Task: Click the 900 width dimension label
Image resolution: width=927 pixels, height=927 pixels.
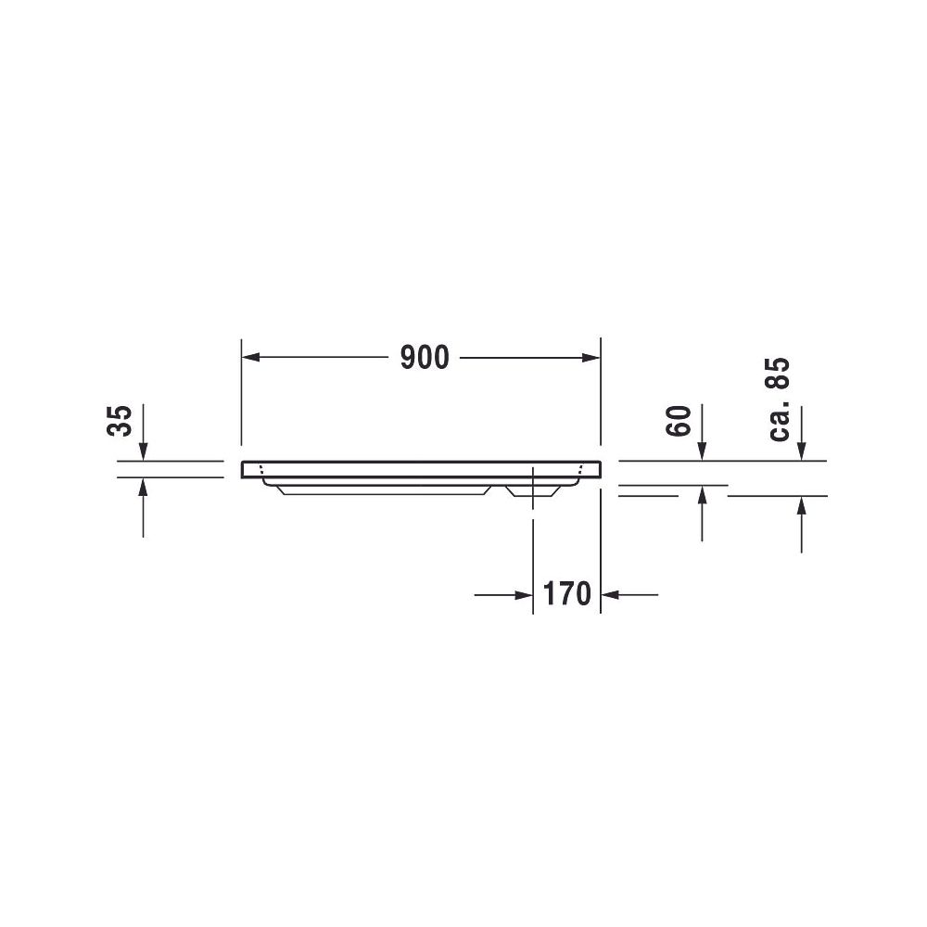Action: pos(425,358)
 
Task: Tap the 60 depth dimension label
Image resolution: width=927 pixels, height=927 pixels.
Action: pos(679,421)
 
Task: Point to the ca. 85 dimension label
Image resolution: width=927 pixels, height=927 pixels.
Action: pos(779,399)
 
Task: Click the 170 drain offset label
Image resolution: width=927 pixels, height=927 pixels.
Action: pos(566,593)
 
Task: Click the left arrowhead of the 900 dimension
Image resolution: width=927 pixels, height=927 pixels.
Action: pos(250,358)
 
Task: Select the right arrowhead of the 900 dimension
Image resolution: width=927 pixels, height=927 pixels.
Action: pos(591,358)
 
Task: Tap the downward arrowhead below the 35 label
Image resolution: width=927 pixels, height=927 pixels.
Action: pos(143,451)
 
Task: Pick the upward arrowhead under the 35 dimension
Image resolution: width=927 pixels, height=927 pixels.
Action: pos(143,486)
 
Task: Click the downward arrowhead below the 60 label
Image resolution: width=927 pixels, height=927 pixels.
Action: pos(702,451)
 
